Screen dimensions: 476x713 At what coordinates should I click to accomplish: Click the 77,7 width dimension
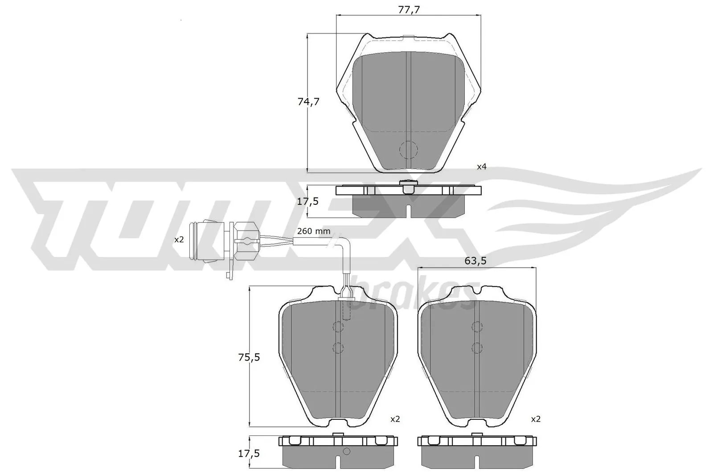[408, 8]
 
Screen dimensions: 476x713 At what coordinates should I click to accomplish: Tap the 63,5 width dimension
[475, 261]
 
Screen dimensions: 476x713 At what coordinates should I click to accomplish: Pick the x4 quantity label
[482, 167]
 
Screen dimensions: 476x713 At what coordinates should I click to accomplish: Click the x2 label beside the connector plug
[179, 240]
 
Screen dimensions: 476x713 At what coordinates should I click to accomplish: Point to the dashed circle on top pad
[408, 150]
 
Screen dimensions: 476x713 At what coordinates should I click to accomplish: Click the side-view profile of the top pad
[408, 200]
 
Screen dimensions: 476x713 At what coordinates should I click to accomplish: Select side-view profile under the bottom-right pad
[477, 453]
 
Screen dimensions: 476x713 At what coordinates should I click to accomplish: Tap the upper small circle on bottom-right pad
[477, 327]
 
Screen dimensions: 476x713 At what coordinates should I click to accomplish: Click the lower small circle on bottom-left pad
[338, 347]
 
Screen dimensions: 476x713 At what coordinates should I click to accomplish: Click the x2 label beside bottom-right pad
[536, 419]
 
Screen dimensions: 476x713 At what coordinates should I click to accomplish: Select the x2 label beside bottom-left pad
[395, 419]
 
